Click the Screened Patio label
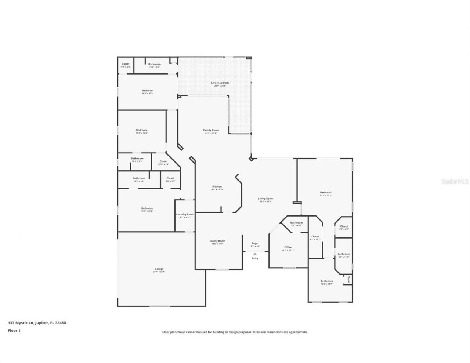(220, 83)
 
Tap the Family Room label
(211, 130)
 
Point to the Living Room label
(265, 199)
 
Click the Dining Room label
(217, 241)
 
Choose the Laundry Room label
(185, 214)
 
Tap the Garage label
(159, 269)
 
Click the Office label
(288, 247)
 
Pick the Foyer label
(255, 243)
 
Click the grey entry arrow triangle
(255, 253)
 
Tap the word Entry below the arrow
(255, 258)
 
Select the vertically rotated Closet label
(348, 280)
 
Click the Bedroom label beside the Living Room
(326, 193)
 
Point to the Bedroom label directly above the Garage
(147, 208)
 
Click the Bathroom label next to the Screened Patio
(154, 65)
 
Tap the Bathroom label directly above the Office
(296, 223)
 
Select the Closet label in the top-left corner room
(126, 64)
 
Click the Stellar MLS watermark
(455, 181)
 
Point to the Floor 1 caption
(14, 331)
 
